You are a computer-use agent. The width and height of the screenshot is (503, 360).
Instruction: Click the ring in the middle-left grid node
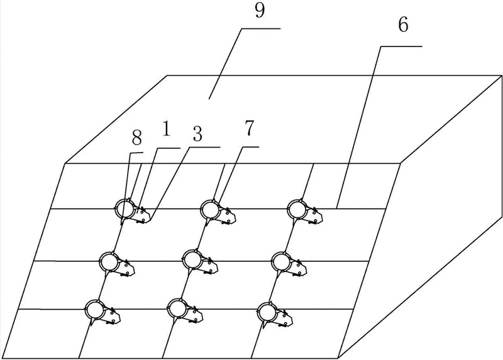coord(109,261)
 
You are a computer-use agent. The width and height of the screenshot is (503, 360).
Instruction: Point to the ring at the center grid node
coord(192,258)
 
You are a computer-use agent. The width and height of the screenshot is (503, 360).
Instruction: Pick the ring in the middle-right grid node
coord(280,260)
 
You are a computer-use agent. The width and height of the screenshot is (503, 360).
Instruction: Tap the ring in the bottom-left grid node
coord(95,309)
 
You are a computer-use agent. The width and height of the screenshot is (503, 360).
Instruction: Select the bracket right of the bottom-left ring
coord(113,317)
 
